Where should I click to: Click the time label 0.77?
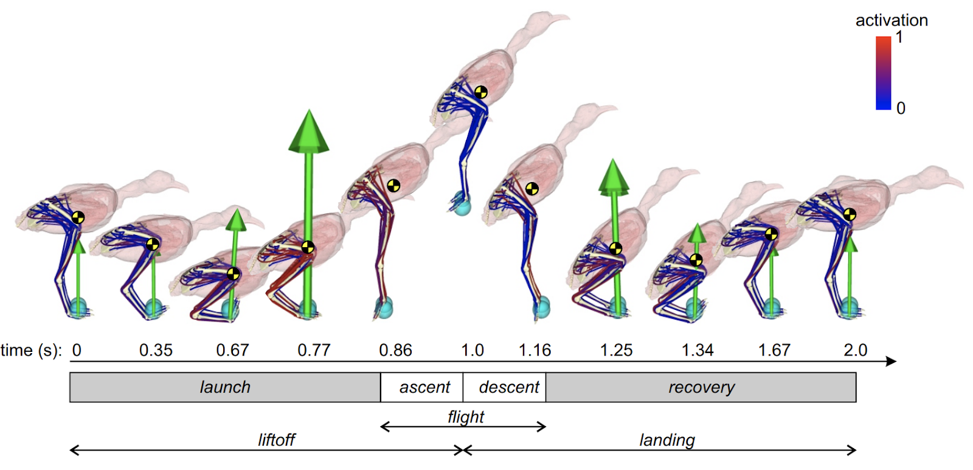click(x=314, y=350)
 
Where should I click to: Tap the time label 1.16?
click(x=535, y=350)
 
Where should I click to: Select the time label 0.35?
click(x=156, y=350)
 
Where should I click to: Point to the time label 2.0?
click(x=855, y=350)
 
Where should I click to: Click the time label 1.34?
click(x=697, y=350)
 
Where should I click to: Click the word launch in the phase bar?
click(x=225, y=387)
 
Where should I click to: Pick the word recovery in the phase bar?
click(x=701, y=387)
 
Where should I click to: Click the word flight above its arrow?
click(x=466, y=417)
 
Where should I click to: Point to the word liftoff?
click(x=276, y=440)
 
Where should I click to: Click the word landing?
click(x=667, y=440)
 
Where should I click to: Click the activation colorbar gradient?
click(x=883, y=73)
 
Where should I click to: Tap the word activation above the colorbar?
click(x=892, y=20)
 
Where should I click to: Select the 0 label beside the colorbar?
click(x=901, y=108)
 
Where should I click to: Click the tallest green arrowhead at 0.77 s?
click(x=309, y=131)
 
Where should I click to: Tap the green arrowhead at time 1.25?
click(x=614, y=177)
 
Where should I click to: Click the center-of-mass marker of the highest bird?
click(x=481, y=92)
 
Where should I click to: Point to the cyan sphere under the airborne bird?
click(x=462, y=205)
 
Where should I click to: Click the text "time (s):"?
click(x=31, y=350)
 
